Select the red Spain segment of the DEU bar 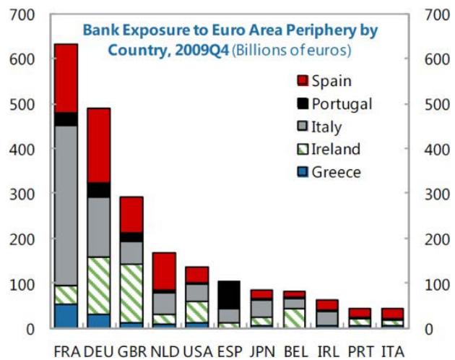(99, 145)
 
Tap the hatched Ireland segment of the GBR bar (131, 293)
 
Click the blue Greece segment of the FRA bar (66, 316)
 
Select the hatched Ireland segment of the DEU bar (99, 286)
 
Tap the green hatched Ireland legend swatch (303, 150)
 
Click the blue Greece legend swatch (303, 173)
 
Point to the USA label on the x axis (198, 351)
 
